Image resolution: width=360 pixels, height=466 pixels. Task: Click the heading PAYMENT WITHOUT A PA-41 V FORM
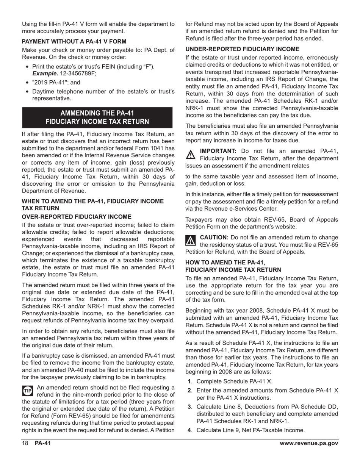click(74, 41)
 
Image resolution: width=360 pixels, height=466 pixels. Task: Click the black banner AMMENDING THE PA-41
click(97, 113)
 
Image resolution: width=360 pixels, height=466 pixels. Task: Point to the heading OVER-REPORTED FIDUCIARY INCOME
click(77, 217)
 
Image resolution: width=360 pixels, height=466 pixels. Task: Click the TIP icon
click(28, 391)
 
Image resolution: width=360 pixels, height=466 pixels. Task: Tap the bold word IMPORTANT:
click(218, 151)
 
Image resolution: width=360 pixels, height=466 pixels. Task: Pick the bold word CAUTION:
click(214, 237)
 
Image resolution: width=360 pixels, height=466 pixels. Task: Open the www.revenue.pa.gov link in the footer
click(308, 444)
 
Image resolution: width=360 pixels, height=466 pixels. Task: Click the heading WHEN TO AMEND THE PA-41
click(93, 201)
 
